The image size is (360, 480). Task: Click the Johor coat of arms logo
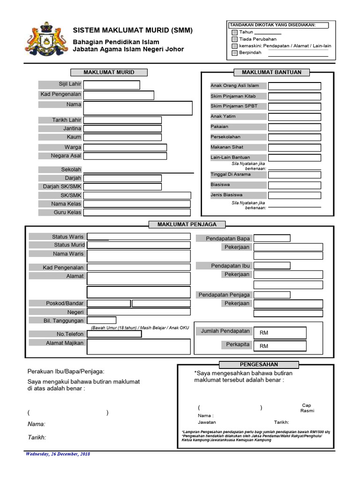click(45, 38)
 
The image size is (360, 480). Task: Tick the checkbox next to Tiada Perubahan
click(235, 39)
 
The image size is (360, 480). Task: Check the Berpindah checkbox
click(235, 53)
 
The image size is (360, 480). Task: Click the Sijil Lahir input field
click(112, 85)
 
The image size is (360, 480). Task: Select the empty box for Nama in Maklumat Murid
click(138, 108)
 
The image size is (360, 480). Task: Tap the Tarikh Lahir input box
click(122, 120)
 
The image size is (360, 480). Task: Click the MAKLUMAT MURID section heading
click(109, 72)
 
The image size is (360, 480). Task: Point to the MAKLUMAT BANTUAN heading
click(268, 72)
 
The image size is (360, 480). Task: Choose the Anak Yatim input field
click(294, 117)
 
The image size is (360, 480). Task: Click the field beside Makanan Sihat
click(294, 148)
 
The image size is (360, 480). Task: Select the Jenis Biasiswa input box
click(294, 195)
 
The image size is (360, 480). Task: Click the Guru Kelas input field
click(137, 212)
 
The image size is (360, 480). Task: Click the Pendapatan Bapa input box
click(272, 238)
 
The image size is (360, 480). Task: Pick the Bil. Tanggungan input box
click(102, 320)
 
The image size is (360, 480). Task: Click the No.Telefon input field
click(114, 334)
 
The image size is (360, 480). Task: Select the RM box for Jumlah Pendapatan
click(280, 332)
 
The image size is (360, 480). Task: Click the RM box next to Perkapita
click(280, 345)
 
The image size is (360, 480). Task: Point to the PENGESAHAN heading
click(259, 364)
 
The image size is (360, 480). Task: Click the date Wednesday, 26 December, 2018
click(58, 454)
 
